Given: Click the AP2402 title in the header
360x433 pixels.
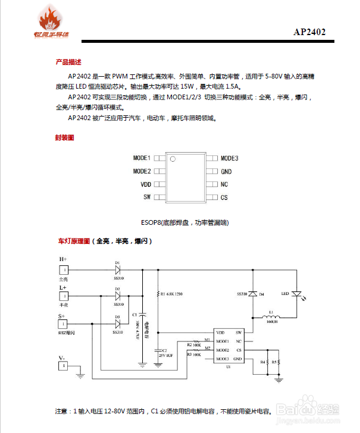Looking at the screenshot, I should (x=309, y=32).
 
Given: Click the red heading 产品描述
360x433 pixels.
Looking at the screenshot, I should (x=68, y=62).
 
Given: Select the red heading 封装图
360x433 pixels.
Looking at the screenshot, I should (x=64, y=137).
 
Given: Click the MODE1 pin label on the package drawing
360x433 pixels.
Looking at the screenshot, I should (x=142, y=158).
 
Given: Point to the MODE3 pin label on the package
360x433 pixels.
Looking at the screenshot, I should (x=229, y=158).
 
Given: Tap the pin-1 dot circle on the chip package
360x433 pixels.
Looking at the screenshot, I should (x=173, y=159).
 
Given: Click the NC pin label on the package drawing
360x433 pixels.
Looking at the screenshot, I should (x=224, y=184).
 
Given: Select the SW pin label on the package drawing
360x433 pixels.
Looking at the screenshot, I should (x=146, y=197).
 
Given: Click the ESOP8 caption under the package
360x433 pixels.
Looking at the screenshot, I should (x=184, y=222).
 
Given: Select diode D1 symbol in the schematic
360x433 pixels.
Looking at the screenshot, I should (x=117, y=269).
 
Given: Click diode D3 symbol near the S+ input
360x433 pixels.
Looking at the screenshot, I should (x=117, y=324).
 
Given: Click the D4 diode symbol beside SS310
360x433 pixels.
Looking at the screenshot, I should (x=252, y=294).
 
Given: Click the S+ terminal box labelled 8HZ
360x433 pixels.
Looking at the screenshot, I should (x=63, y=324).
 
